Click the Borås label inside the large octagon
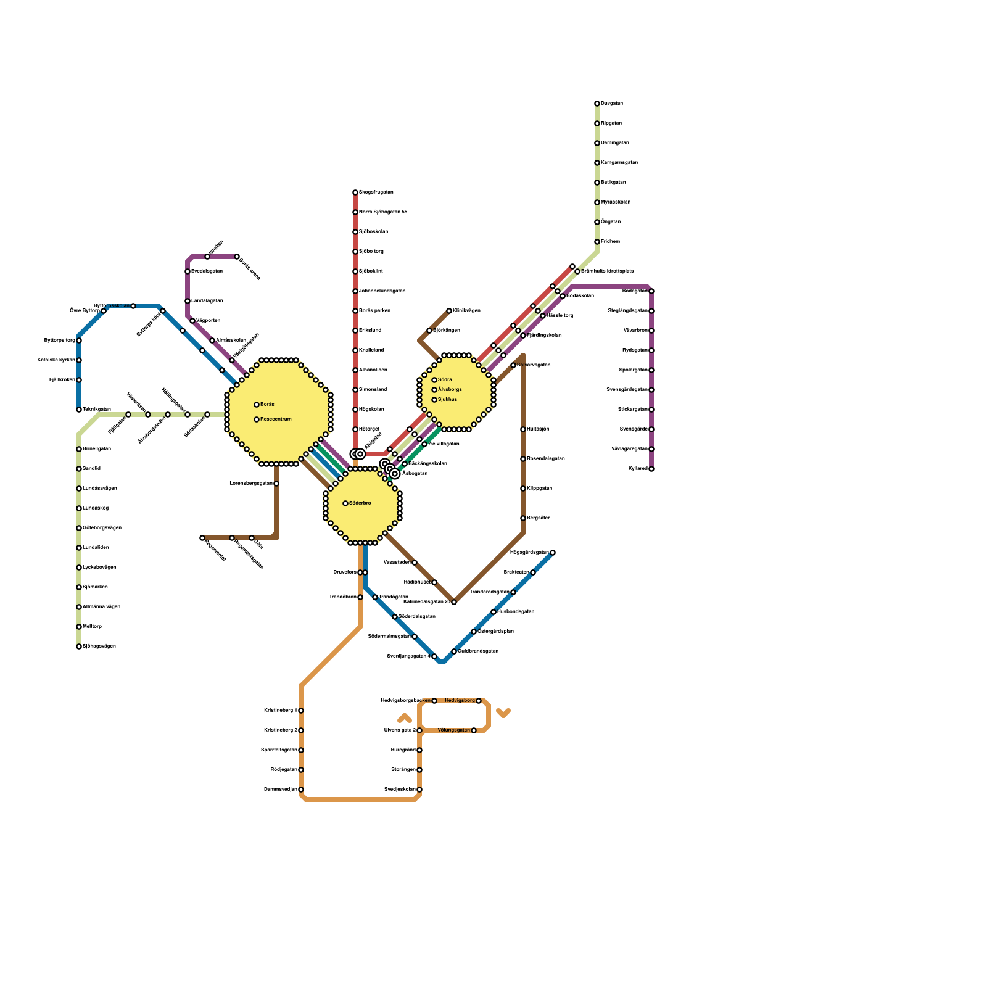click(x=267, y=405)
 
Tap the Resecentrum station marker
click(x=257, y=419)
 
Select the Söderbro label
click(x=360, y=503)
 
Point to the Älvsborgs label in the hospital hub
click(x=450, y=390)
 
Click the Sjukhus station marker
click(x=434, y=400)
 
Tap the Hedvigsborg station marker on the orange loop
click(x=479, y=701)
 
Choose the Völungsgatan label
click(x=453, y=730)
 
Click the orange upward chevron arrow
click(x=405, y=718)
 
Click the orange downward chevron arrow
click(x=503, y=714)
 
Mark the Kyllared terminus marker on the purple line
click(x=651, y=469)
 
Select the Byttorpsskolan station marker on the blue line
click(x=133, y=306)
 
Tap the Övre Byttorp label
click(x=85, y=311)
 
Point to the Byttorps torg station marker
click(x=79, y=341)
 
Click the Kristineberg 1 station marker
click(x=301, y=711)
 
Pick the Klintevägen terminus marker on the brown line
click(x=449, y=311)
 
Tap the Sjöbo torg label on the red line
click(x=371, y=252)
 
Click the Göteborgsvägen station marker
click(x=79, y=528)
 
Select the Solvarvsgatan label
click(x=534, y=365)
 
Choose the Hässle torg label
click(x=560, y=316)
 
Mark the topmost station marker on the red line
click(x=355, y=192)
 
